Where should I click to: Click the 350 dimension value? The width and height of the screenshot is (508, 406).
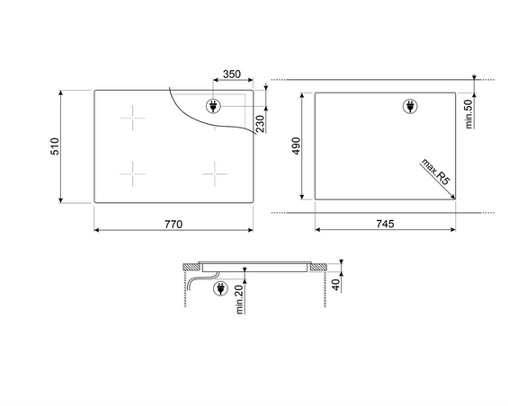coord(232,75)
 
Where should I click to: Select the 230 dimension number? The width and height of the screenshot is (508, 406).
coord(260,124)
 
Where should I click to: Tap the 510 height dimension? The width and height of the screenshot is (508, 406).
coord(55,146)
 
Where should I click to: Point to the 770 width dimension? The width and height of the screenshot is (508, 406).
coord(174,224)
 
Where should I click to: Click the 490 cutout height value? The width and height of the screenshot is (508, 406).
coord(297,146)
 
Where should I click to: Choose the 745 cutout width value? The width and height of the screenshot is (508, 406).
coord(385,224)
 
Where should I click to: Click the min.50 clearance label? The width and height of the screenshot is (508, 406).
coord(468,114)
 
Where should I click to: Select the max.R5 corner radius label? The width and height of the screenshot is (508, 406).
coord(436,172)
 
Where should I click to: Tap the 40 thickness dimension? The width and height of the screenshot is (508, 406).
coord(337,285)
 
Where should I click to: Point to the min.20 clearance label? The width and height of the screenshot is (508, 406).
coord(239,300)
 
